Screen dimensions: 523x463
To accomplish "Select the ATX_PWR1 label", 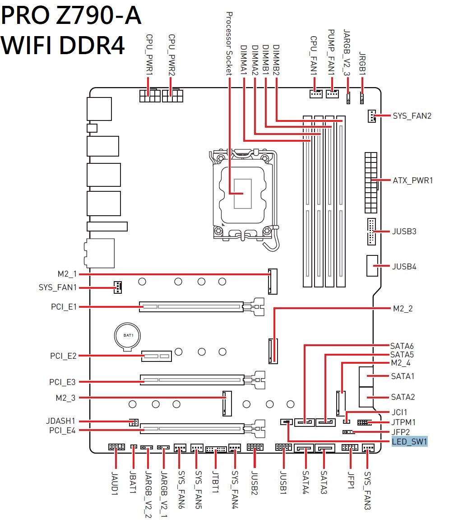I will tap(412, 181).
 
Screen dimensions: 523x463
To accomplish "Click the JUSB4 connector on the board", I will tap(373, 266).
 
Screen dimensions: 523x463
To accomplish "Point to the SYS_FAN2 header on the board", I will tap(371, 116).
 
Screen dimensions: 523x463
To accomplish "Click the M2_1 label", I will tap(67, 274).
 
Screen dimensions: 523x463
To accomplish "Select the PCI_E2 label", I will tap(63, 356).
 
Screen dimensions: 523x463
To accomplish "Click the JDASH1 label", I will tap(60, 421).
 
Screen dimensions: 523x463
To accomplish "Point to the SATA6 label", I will tap(402, 346).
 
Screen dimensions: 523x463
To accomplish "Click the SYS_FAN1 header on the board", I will tap(117, 287).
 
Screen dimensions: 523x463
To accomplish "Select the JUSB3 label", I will tap(404, 231).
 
